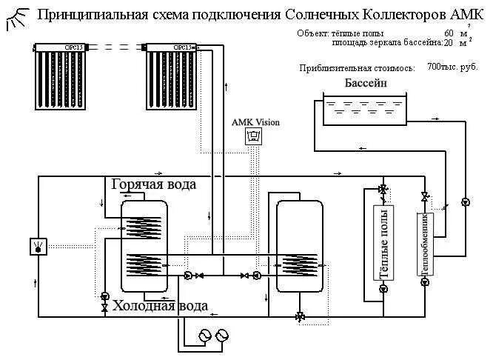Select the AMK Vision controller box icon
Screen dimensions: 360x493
click(255, 136)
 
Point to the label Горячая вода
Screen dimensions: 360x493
click(154, 184)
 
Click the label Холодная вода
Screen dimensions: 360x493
click(158, 305)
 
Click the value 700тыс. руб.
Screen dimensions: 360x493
click(452, 67)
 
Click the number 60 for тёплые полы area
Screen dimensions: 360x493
click(449, 34)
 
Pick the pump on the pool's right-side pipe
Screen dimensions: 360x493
click(464, 201)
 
